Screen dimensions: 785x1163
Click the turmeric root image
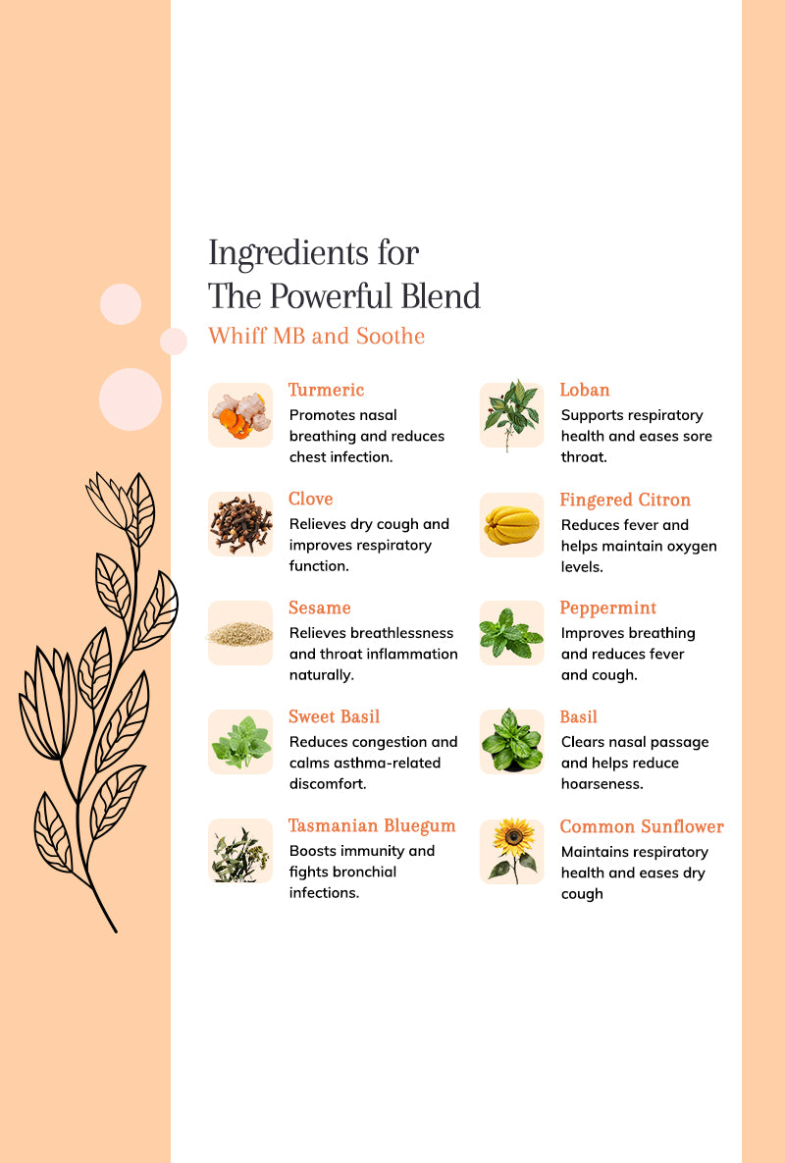pos(240,414)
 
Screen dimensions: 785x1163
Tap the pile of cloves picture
pos(240,524)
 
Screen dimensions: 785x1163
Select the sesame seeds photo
pos(240,633)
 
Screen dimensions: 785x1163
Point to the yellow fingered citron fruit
pos(511,524)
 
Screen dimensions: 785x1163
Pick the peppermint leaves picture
pos(511,633)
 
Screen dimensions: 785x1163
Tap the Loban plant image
pos(511,414)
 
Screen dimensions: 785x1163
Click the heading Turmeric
pos(326,391)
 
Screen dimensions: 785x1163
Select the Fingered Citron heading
pos(625,500)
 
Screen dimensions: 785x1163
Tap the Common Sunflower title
pos(642,826)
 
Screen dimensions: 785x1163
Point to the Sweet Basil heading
pos(335,716)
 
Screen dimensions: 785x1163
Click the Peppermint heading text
pos(607,608)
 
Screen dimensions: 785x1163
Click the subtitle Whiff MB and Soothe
pos(317,336)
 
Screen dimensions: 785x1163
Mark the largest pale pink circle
pos(131,399)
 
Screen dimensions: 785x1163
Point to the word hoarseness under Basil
pos(602,784)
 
